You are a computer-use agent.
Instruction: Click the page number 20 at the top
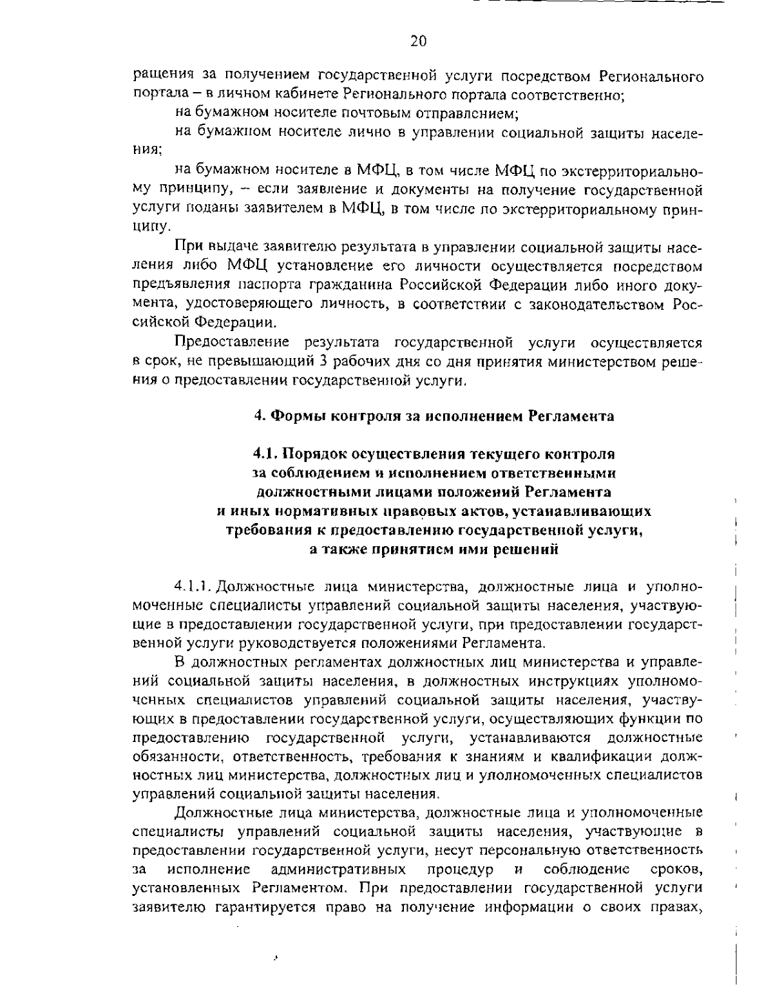418,42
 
